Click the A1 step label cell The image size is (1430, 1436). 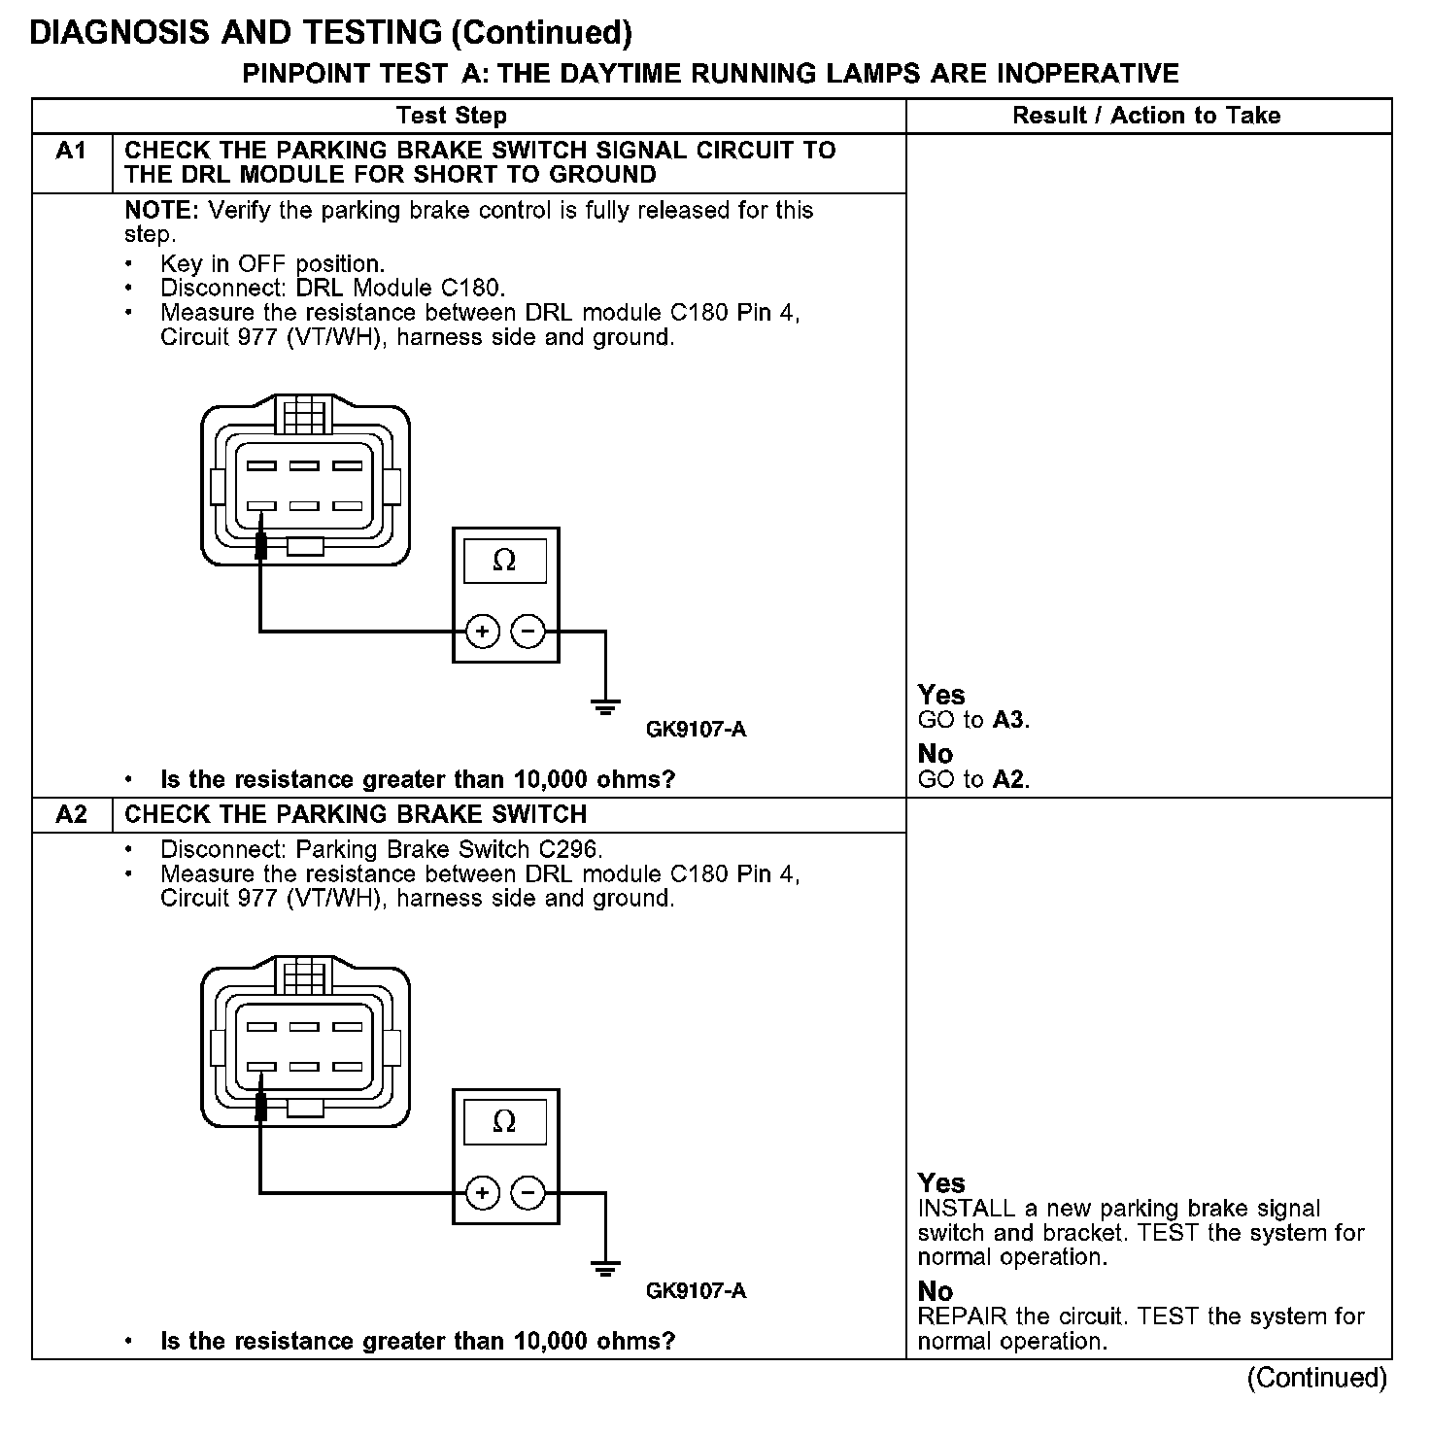(x=71, y=152)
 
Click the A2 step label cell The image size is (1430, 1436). (x=71, y=814)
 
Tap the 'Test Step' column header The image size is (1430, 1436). (x=452, y=116)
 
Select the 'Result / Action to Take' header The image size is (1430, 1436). (x=1146, y=116)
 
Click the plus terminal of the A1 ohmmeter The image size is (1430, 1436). (x=482, y=632)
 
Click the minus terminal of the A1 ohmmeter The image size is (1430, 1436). (x=528, y=632)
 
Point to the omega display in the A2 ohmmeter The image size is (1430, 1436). (x=504, y=1122)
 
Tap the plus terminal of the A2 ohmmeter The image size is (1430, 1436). (x=482, y=1192)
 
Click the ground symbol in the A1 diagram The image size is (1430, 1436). (x=605, y=706)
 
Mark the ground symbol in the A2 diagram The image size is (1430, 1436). (x=605, y=1267)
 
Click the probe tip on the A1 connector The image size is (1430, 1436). (x=260, y=544)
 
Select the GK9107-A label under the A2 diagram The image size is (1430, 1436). (x=696, y=1291)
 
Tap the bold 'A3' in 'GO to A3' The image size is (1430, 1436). (x=1009, y=720)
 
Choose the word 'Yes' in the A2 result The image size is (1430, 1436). (x=941, y=1183)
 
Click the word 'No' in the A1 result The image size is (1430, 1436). (x=936, y=754)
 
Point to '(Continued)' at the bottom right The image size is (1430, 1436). (x=1317, y=1378)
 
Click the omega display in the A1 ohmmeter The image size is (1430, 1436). (x=504, y=561)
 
